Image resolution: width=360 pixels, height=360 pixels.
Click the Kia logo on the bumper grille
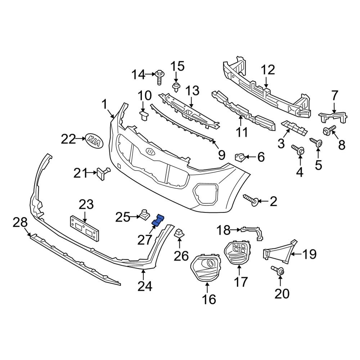pos(152,152)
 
